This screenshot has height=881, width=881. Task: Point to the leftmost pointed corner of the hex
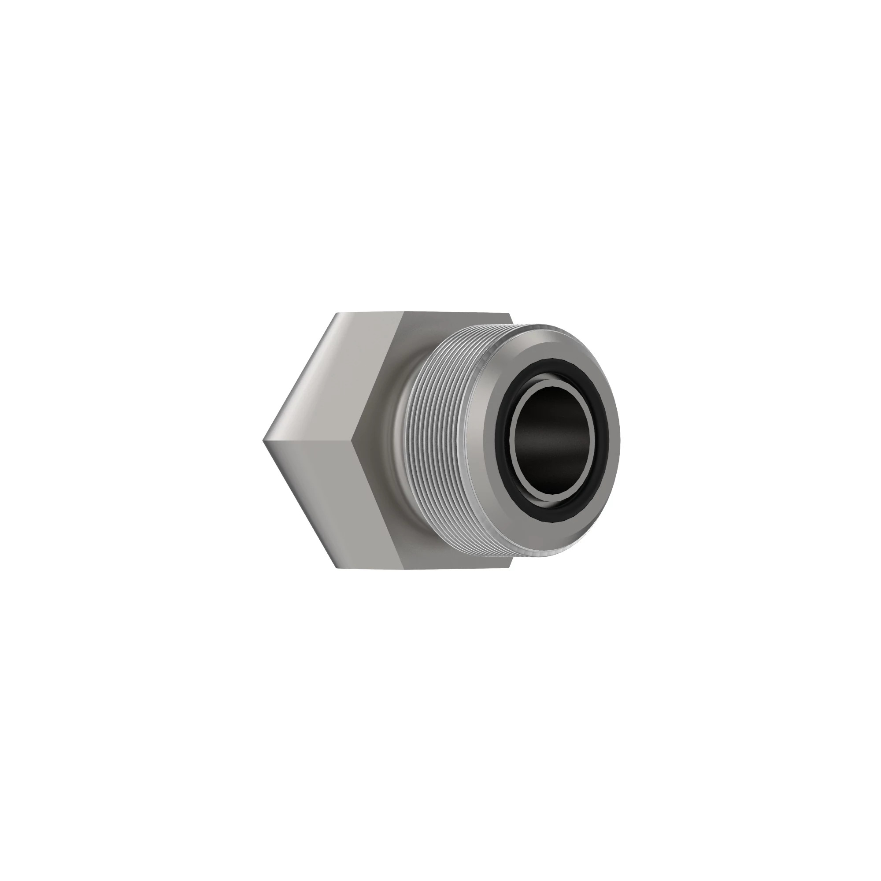pos(264,441)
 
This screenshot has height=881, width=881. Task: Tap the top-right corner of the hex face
pos(509,314)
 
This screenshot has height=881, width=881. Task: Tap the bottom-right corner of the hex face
pos(509,568)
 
